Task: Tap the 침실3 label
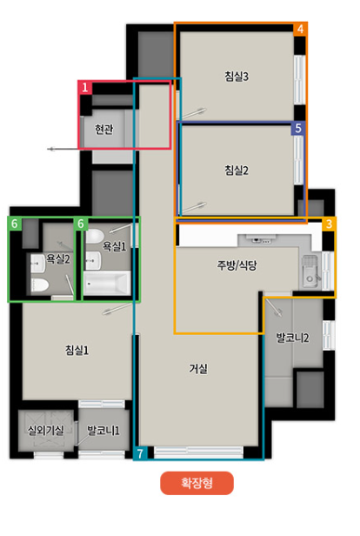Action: (x=237, y=77)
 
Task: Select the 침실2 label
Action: (x=237, y=170)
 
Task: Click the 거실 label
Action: (x=198, y=368)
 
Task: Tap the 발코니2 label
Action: (x=293, y=336)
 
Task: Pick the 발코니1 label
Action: (x=103, y=430)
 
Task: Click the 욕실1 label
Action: (x=115, y=246)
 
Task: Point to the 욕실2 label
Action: (x=57, y=258)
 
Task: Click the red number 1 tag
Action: (x=86, y=88)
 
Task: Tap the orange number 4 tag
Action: (x=300, y=29)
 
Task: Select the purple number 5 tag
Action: (x=297, y=128)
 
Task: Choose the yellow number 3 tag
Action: (x=329, y=224)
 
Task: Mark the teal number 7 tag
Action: (x=141, y=453)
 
